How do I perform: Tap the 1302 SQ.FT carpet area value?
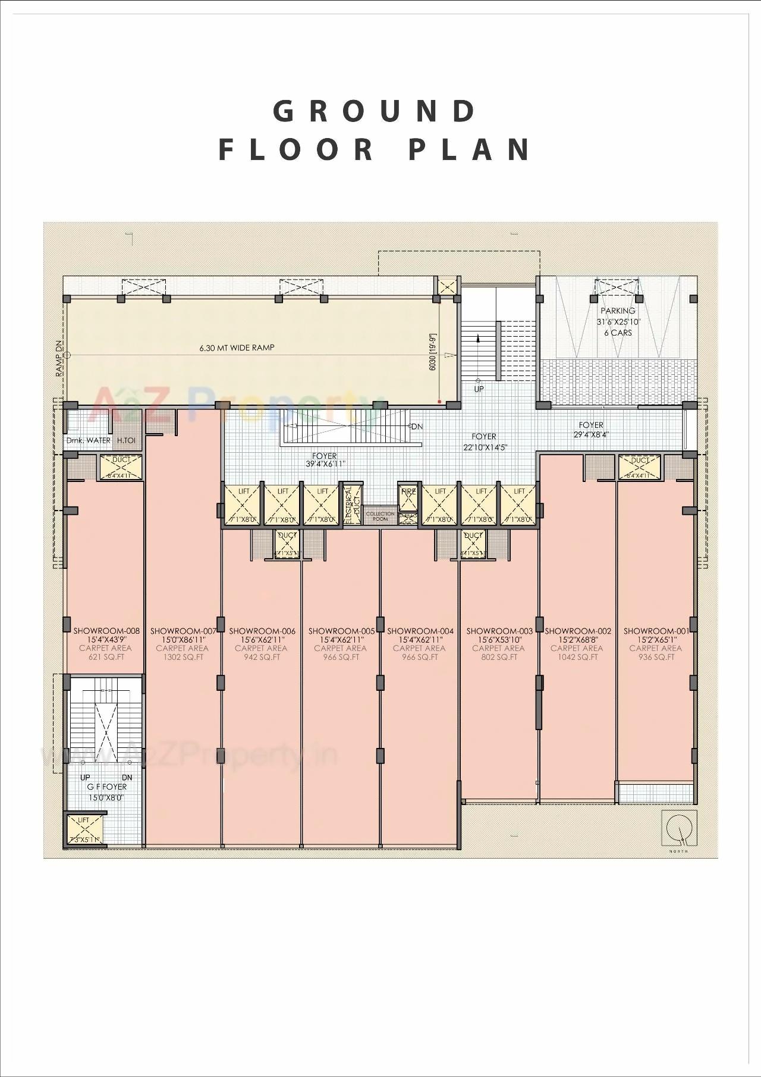183,658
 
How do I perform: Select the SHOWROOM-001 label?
656,631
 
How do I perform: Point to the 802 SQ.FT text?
498,658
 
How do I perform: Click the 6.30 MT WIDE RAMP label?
237,347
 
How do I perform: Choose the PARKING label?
618,311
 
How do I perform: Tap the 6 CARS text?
618,333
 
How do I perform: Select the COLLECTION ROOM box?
380,516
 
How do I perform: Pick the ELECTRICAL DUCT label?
352,503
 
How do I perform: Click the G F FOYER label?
106,787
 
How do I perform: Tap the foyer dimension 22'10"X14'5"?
485,447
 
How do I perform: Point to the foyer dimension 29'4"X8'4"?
591,434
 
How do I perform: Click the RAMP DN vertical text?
59,358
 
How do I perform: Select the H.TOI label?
126,440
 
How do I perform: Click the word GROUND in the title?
375,111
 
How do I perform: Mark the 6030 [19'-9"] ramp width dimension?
433,352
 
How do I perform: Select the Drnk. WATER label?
89,440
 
